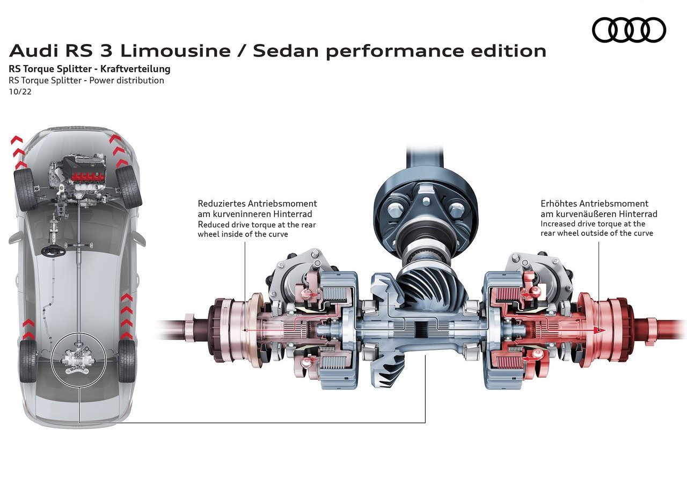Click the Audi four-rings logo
[628, 30]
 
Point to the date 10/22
[20, 92]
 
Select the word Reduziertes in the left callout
[222, 204]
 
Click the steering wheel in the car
[54, 251]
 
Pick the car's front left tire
[25, 189]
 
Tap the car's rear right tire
[126, 361]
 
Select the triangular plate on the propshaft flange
[426, 205]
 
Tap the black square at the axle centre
[421, 329]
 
